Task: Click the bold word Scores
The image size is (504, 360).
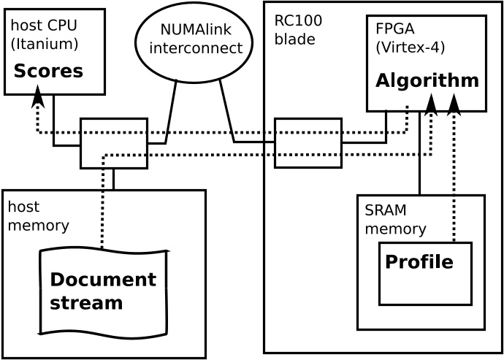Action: (x=48, y=72)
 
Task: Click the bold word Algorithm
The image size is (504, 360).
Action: (x=427, y=81)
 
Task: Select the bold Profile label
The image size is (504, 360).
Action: (x=419, y=261)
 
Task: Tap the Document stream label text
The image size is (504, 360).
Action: (x=102, y=291)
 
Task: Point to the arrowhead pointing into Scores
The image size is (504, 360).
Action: (x=37, y=96)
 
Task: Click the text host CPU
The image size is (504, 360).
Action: (x=43, y=26)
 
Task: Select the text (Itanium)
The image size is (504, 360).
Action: (x=45, y=44)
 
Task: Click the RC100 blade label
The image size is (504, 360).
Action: (x=298, y=29)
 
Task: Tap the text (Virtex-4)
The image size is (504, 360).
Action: (x=410, y=47)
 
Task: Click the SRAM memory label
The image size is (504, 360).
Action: (x=395, y=220)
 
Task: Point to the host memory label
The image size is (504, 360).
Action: (x=38, y=216)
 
